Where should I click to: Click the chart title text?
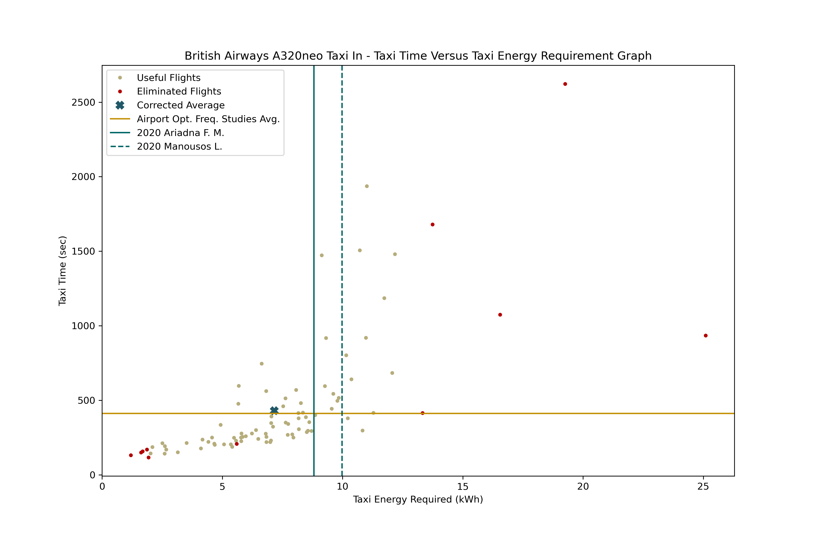(x=418, y=56)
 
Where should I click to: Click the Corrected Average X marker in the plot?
(x=274, y=410)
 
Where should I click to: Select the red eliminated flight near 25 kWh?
(x=706, y=335)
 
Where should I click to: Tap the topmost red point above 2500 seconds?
(x=565, y=84)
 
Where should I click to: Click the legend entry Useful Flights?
(x=169, y=78)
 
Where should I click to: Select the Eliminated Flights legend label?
(x=179, y=91)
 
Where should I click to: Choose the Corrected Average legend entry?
(x=180, y=105)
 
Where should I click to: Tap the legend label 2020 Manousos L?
(x=179, y=146)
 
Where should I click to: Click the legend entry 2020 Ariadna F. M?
(x=180, y=133)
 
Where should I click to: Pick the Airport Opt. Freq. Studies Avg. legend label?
(x=208, y=119)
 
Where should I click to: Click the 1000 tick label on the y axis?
(x=83, y=326)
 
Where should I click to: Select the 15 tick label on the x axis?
(x=462, y=486)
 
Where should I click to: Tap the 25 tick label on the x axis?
(x=703, y=486)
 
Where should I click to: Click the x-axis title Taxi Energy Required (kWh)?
(x=418, y=499)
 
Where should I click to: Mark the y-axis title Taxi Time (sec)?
(x=63, y=271)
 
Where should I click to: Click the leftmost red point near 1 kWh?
(x=131, y=455)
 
